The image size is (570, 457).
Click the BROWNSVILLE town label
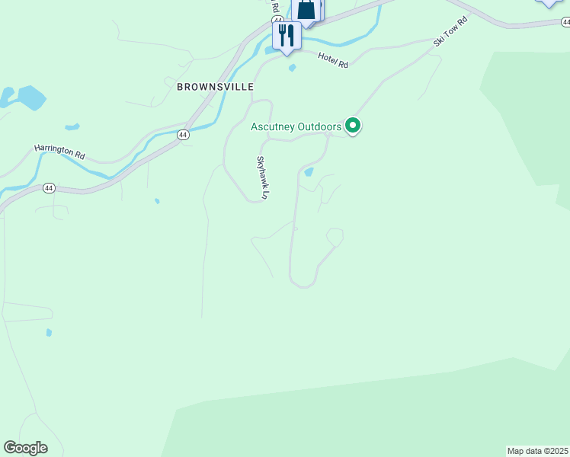click(215, 87)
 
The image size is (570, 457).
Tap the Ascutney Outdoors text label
click(296, 126)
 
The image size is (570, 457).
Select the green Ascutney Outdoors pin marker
click(353, 125)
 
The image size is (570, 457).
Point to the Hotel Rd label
click(333, 60)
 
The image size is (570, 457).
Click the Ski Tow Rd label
click(450, 30)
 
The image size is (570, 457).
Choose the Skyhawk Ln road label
click(262, 177)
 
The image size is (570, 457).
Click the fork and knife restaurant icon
click(287, 35)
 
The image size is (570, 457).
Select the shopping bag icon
click(306, 10)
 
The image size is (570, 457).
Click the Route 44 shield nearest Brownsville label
click(182, 134)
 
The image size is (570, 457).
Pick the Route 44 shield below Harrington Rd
click(49, 187)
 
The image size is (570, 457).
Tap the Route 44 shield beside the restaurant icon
click(277, 20)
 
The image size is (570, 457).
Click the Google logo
click(25, 448)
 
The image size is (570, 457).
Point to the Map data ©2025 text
click(538, 451)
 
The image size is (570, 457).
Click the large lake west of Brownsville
click(30, 97)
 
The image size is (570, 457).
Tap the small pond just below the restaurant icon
click(293, 68)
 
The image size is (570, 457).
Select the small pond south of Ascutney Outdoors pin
click(309, 172)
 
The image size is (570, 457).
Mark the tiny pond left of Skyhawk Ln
click(156, 201)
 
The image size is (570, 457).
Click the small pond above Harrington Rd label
click(72, 126)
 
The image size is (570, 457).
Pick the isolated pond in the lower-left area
click(50, 332)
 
